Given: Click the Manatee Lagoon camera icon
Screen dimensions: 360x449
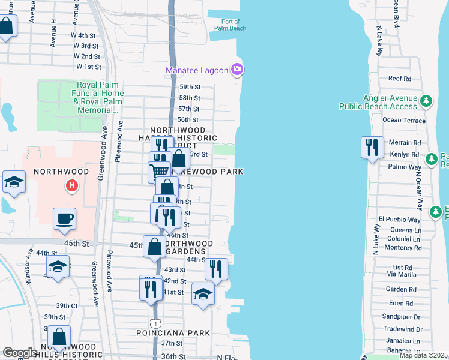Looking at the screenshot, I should pyautogui.click(x=238, y=70).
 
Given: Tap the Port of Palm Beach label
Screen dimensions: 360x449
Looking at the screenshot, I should pyautogui.click(x=230, y=25).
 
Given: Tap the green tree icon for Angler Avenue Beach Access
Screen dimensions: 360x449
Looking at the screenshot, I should pyautogui.click(x=426, y=101).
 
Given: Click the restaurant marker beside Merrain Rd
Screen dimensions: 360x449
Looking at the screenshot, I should pyautogui.click(x=372, y=146).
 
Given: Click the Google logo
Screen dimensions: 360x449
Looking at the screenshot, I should pyautogui.click(x=20, y=353).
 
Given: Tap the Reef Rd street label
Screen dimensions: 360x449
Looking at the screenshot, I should pyautogui.click(x=399, y=79).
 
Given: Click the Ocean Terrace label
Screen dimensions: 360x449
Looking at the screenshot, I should pyautogui.click(x=404, y=120).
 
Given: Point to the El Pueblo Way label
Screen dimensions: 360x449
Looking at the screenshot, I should pyautogui.click(x=399, y=220).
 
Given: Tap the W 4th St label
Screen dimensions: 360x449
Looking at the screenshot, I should pyautogui.click(x=86, y=35).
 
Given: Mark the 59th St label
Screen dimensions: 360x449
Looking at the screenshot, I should pyautogui.click(x=189, y=87).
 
